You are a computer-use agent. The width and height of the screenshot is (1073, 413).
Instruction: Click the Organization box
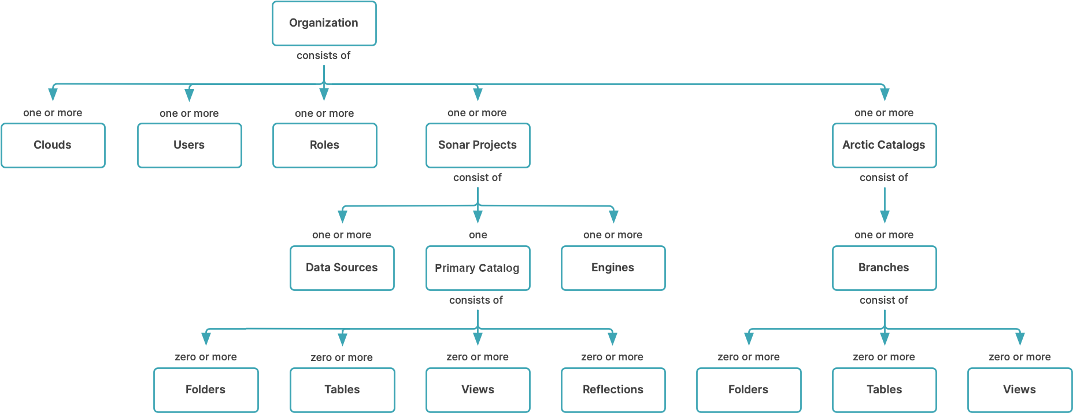click(324, 23)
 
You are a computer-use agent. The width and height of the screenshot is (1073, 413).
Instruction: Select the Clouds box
click(53, 145)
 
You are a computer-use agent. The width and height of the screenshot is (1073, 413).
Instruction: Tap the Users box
click(189, 145)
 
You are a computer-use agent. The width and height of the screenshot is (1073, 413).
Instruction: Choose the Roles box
click(324, 145)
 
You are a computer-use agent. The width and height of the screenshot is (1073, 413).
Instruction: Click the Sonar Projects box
click(478, 145)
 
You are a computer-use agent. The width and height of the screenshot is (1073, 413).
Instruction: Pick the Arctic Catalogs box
click(884, 145)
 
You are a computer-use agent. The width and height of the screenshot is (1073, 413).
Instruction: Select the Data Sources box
click(342, 268)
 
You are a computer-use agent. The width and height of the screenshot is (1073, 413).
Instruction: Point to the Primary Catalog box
click(478, 268)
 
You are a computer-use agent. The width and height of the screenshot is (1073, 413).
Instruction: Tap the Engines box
click(613, 268)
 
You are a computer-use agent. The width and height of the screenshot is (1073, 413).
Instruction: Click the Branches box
click(884, 268)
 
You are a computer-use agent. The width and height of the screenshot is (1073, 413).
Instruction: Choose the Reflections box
click(613, 390)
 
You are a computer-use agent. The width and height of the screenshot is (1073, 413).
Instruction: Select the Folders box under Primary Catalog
click(206, 390)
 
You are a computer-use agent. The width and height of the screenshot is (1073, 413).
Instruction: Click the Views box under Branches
click(1020, 390)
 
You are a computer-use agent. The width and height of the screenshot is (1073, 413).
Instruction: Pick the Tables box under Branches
click(884, 390)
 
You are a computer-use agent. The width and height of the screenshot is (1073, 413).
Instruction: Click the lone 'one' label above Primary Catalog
click(478, 235)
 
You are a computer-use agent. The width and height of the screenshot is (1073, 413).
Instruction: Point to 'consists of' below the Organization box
click(323, 56)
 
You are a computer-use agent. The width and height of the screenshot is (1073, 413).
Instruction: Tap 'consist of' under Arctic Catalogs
click(883, 178)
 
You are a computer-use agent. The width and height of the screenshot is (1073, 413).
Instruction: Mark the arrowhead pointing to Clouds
click(53, 94)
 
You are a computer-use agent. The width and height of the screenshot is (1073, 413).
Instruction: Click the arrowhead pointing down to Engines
click(613, 216)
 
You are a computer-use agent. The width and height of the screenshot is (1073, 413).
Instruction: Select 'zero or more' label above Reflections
click(612, 357)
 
